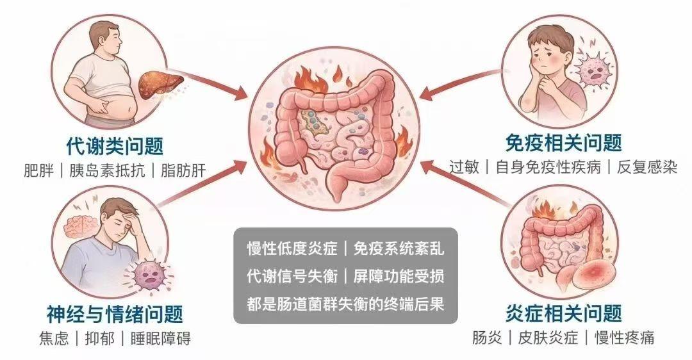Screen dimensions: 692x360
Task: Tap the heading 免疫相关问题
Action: pyautogui.click(x=564, y=142)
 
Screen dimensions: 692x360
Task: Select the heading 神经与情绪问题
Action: pyautogui.click(x=115, y=314)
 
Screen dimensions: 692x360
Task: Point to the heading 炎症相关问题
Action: pyautogui.click(x=564, y=314)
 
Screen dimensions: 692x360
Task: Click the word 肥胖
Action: pyautogui.click(x=36, y=171)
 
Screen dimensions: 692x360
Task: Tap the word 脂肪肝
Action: pyautogui.click(x=184, y=171)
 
